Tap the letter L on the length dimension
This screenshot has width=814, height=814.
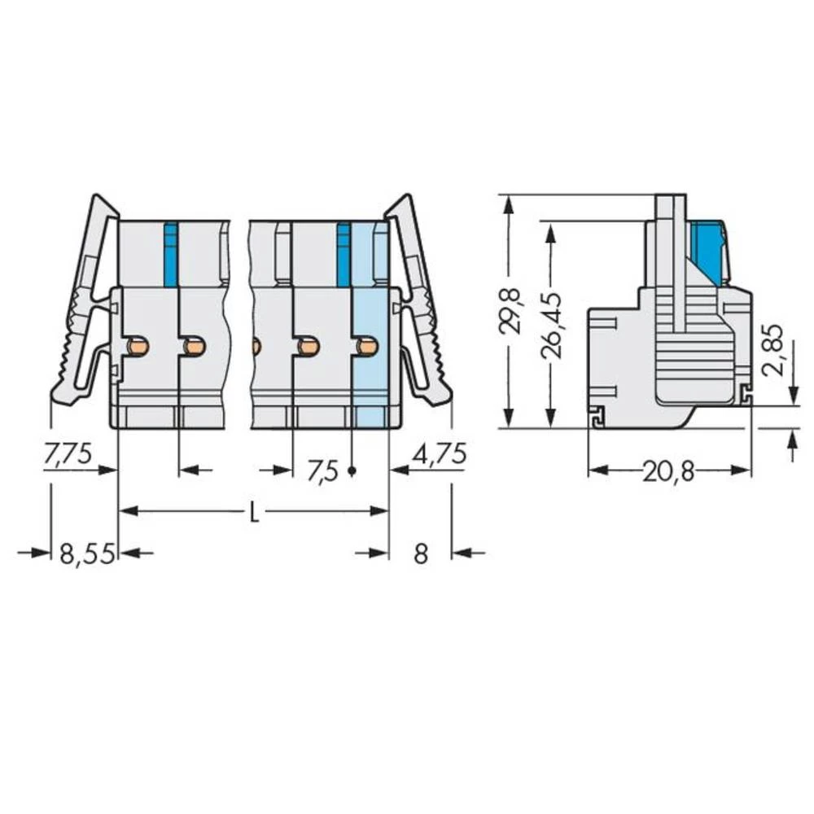254,513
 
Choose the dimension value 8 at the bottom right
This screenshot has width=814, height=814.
420,554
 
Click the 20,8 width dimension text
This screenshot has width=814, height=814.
668,471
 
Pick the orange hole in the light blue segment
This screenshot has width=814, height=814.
367,347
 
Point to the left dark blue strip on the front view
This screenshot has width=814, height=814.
170,254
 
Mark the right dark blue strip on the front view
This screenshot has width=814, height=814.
344,254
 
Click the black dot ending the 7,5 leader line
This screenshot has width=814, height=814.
352,471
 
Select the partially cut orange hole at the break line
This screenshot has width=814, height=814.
256,347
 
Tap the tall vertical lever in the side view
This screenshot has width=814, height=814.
671,260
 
